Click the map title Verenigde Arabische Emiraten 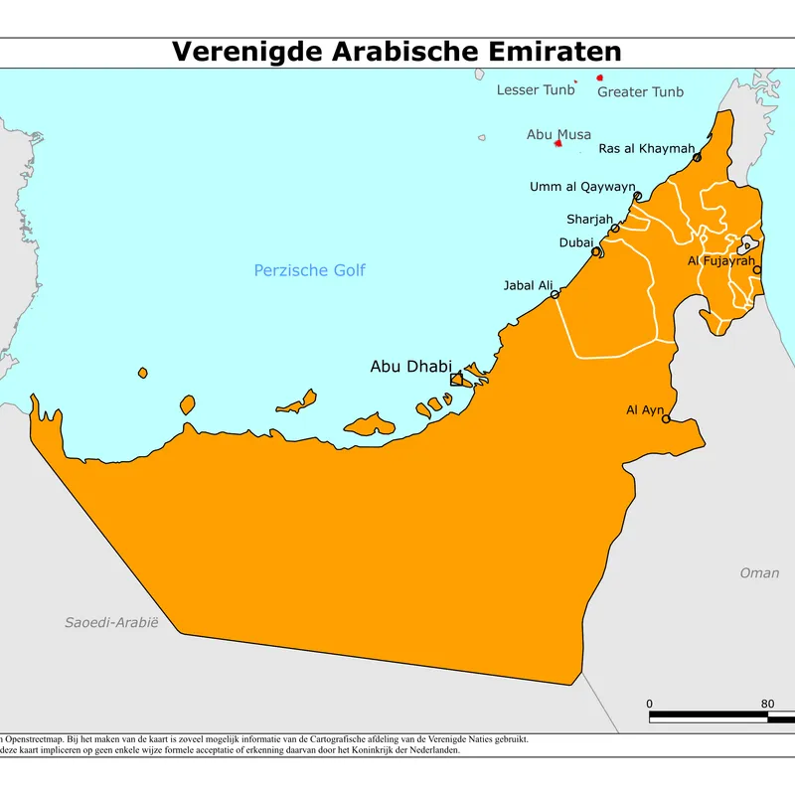point(397,52)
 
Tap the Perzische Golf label point(309,270)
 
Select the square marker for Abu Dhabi point(456,380)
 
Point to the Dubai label point(576,242)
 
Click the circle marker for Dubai point(596,252)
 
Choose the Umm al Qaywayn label point(581,187)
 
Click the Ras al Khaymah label point(646,149)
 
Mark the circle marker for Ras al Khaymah point(698,157)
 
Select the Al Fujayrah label point(721,261)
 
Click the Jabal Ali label point(528,286)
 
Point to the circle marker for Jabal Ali point(555,294)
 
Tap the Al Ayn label point(644,409)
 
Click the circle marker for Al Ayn point(666,419)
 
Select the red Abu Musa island point(558,143)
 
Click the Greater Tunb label point(640,92)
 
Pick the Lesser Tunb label point(535,90)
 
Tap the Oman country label point(759,573)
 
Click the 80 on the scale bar point(767,705)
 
